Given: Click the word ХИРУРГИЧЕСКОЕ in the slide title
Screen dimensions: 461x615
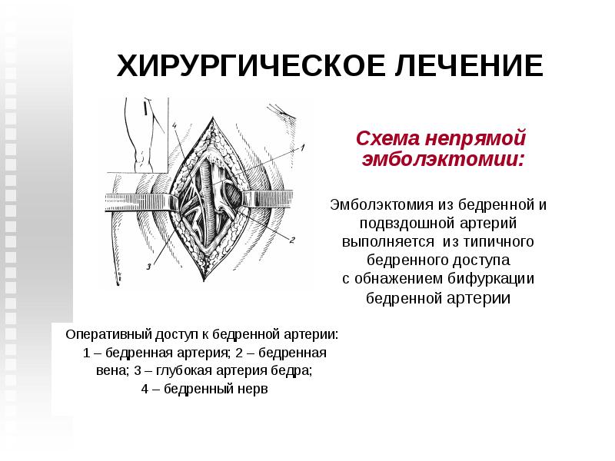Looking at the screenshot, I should tap(250, 66).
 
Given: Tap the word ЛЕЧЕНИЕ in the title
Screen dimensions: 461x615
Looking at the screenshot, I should tap(467, 66).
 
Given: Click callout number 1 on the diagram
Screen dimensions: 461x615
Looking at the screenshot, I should tap(303, 147).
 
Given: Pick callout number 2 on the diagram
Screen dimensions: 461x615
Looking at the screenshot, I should tap(292, 239).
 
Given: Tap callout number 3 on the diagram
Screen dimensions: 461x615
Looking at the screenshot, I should tap(148, 267).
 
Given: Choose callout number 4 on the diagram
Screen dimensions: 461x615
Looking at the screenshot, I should tap(175, 126).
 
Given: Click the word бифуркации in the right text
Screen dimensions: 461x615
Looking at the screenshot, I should tap(497, 278).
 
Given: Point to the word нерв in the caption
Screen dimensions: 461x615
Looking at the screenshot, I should tap(254, 389).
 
